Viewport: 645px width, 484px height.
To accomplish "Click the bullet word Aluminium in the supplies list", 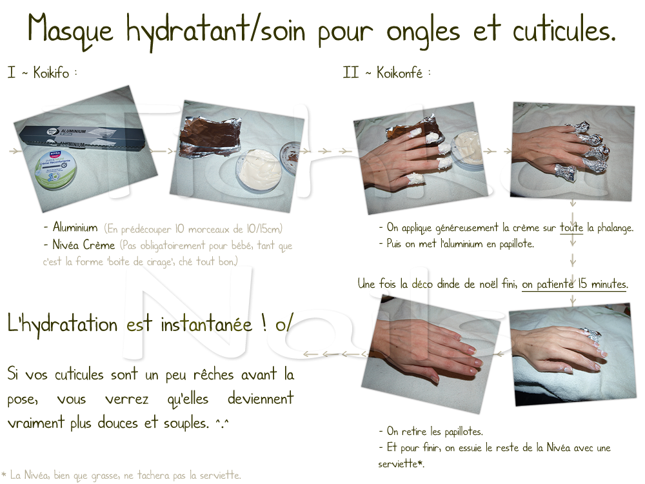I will click(75, 228).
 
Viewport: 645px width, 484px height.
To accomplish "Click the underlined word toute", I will click(571, 228).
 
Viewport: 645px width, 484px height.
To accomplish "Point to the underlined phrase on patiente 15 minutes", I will click(574, 284).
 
